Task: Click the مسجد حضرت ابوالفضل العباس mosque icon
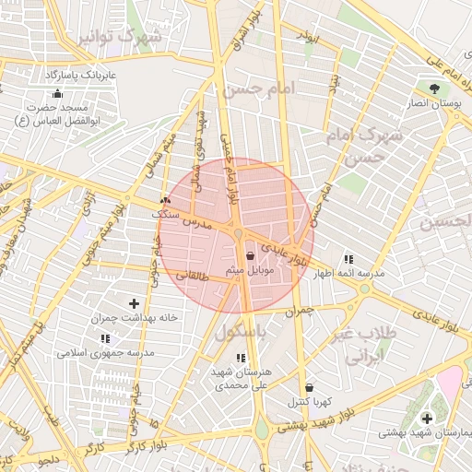pos(58,93)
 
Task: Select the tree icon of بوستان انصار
pos(432,88)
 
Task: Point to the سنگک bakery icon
pos(165,200)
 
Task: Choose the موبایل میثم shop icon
pos(251,255)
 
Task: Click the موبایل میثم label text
pos(248,270)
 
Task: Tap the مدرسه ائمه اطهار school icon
pos(348,259)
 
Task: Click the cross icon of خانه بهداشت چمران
pos(135,303)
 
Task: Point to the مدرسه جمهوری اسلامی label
pos(106,352)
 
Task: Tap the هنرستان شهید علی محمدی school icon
pos(241,358)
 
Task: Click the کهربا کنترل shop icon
pos(308,388)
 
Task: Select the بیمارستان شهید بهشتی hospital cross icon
pos(426,419)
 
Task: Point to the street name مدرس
pos(195,224)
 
